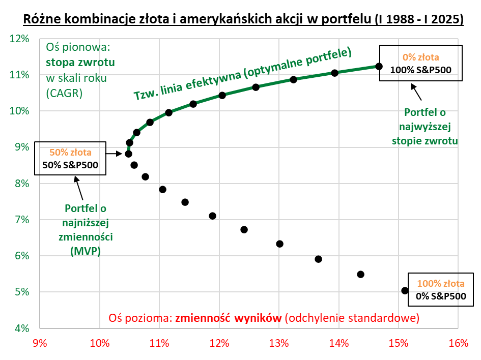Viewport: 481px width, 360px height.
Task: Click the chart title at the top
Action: click(243, 19)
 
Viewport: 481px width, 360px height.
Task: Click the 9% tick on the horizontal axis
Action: click(40, 343)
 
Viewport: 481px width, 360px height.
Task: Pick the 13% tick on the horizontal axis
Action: click(279, 343)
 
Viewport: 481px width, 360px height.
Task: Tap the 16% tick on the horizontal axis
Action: click(459, 343)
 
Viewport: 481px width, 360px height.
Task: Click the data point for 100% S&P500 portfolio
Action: click(379, 66)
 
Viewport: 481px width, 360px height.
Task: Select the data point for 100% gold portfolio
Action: click(405, 290)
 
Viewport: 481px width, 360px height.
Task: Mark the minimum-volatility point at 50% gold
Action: click(128, 154)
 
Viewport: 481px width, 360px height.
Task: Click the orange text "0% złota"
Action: click(420, 57)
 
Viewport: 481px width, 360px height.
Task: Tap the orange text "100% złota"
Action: click(441, 284)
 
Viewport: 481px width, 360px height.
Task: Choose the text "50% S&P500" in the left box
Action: click(70, 164)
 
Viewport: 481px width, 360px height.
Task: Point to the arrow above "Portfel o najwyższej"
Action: click(416, 92)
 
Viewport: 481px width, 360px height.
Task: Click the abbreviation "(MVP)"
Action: click(85, 250)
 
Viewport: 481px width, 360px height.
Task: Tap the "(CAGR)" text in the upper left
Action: click(64, 93)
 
